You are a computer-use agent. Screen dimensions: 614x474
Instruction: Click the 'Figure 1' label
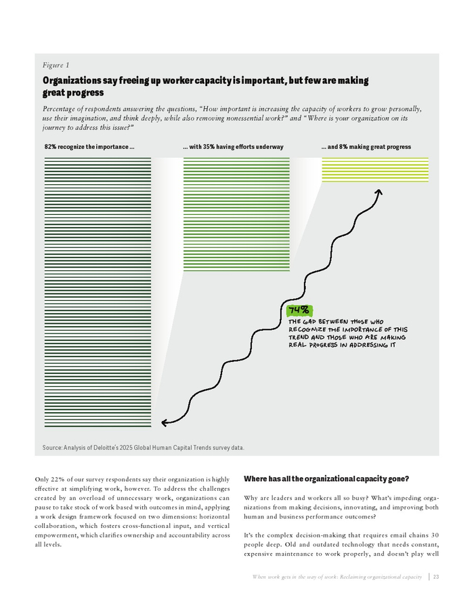click(56, 66)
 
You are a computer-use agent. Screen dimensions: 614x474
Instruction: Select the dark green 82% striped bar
click(98, 291)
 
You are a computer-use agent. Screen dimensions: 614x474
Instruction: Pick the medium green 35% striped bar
click(236, 213)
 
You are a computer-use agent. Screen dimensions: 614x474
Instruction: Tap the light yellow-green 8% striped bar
click(374, 169)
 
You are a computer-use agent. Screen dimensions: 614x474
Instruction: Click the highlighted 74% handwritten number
click(299, 310)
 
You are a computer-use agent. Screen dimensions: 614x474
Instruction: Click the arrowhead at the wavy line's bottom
click(165, 423)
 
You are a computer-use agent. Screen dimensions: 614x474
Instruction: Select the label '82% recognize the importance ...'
click(89, 147)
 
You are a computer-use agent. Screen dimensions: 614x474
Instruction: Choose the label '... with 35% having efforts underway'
click(233, 147)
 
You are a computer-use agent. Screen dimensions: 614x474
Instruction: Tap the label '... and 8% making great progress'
click(366, 147)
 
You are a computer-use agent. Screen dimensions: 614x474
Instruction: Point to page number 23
click(437, 577)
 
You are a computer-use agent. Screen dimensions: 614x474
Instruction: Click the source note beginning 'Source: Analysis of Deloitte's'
click(143, 448)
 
